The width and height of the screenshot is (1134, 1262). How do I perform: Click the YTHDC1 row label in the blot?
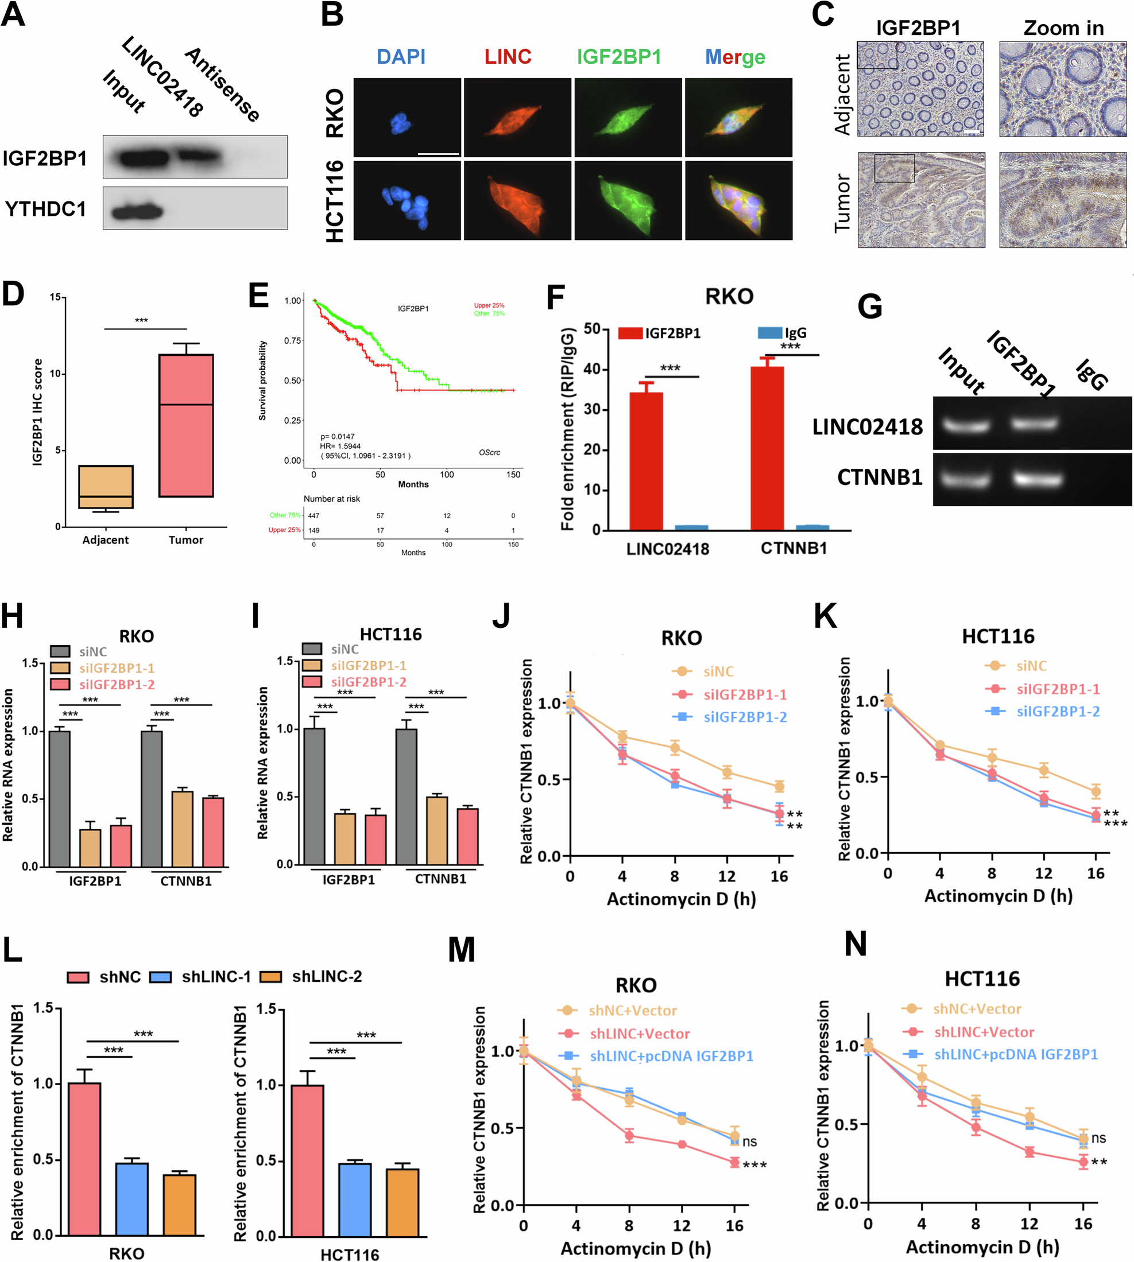tap(45, 209)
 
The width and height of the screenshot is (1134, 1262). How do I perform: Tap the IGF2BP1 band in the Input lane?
tap(144, 158)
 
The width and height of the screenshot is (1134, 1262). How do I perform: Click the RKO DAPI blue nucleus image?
tap(407, 118)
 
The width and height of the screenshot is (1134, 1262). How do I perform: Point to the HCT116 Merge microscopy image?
tap(738, 200)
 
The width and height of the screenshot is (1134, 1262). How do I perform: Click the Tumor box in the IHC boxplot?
tap(185, 425)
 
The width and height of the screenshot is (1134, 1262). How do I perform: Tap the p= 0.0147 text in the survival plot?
tap(338, 436)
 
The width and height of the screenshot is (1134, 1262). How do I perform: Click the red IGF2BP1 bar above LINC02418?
tap(646, 461)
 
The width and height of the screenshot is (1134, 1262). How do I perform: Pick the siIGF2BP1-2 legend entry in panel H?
tap(116, 685)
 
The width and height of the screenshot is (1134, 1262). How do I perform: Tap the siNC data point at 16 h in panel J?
tap(779, 786)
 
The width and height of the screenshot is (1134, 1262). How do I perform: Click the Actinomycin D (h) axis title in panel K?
tap(997, 896)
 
